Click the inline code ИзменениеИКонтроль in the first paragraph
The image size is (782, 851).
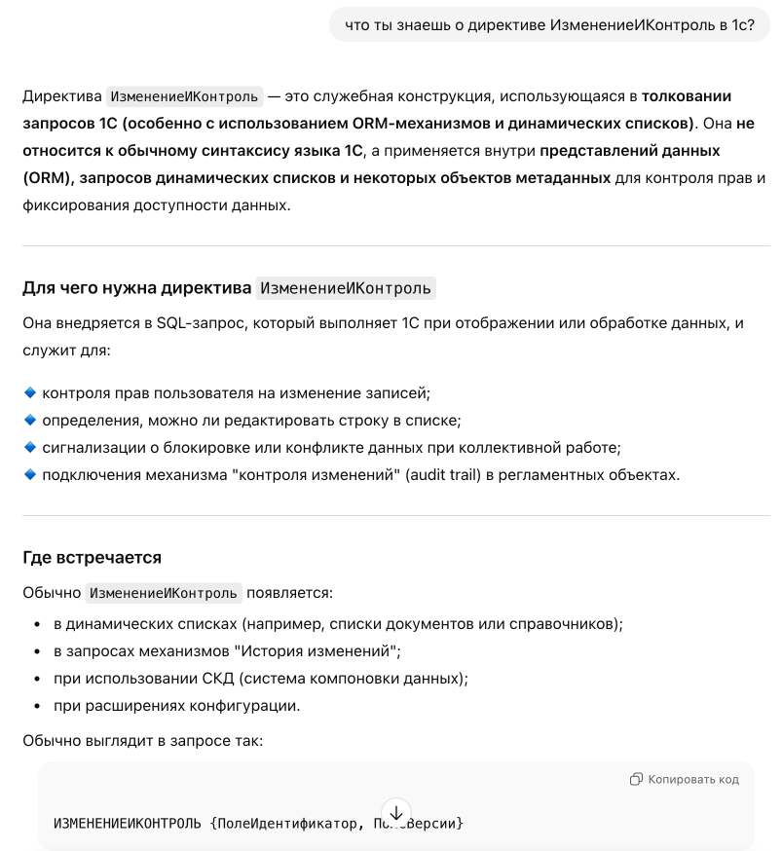184,96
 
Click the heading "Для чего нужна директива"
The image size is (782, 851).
136,288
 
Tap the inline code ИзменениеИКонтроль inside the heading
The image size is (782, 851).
345,288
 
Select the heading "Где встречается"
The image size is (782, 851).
92,558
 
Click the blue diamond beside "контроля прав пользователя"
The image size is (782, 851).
29,392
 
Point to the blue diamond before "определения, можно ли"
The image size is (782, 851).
29,420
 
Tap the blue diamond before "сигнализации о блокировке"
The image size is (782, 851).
29,447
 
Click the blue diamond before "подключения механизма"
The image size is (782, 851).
29,474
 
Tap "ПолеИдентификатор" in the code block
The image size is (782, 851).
286,824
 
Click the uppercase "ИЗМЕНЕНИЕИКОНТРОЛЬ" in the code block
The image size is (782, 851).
127,824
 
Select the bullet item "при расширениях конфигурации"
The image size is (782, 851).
177,706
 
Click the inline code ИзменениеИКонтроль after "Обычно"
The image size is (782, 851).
164,593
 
